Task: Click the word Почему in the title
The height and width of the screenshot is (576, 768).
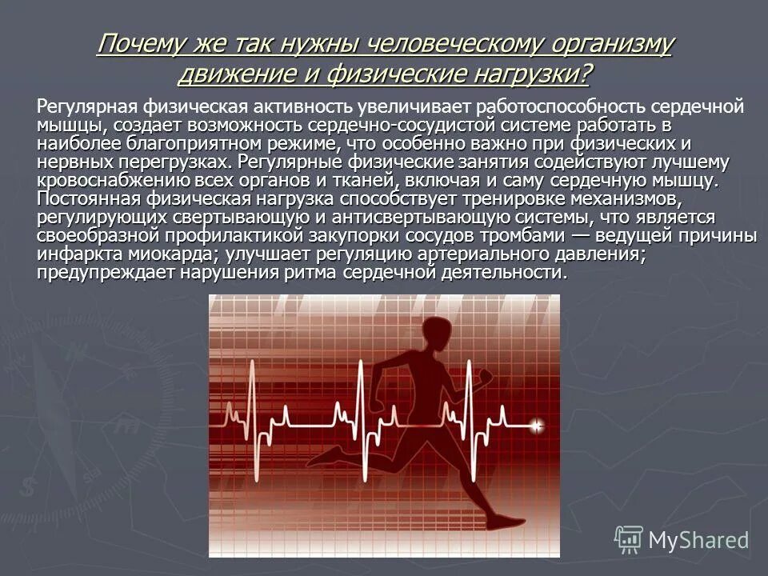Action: pyautogui.click(x=140, y=45)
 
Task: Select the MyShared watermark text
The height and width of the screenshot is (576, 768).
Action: pyautogui.click(x=698, y=540)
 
